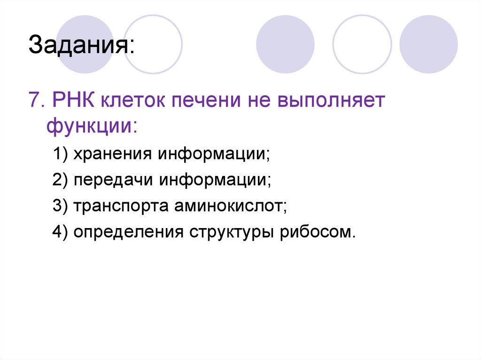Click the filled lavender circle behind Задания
tap(85, 44)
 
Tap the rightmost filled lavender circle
tap(428, 44)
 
